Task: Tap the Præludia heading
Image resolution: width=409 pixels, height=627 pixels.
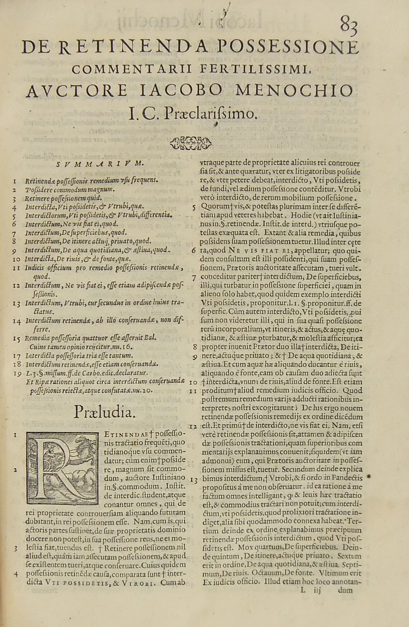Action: click(104, 412)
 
